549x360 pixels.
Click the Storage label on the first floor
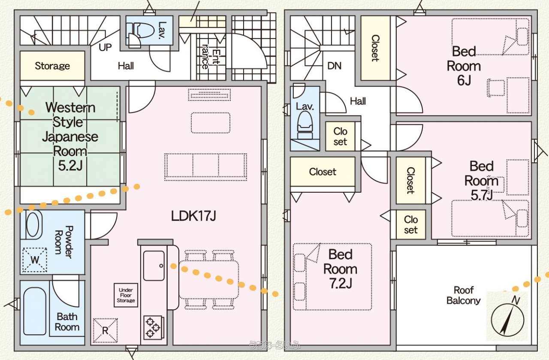[52, 66]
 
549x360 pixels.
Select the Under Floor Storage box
[126, 295]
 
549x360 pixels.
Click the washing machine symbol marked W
[34, 260]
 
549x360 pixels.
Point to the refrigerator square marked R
[105, 330]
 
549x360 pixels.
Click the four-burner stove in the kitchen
[152, 327]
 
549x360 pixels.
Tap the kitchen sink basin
[154, 266]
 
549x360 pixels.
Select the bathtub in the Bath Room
[35, 311]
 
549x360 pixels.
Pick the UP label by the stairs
[106, 48]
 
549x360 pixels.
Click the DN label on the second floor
[335, 66]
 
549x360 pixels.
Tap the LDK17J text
[193, 216]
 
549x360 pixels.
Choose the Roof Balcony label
[464, 295]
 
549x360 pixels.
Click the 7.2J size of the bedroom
[341, 284]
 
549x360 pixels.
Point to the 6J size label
[464, 80]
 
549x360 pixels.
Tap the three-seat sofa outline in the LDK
[206, 165]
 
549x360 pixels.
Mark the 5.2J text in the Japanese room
[70, 166]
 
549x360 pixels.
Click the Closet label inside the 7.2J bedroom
[323, 172]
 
